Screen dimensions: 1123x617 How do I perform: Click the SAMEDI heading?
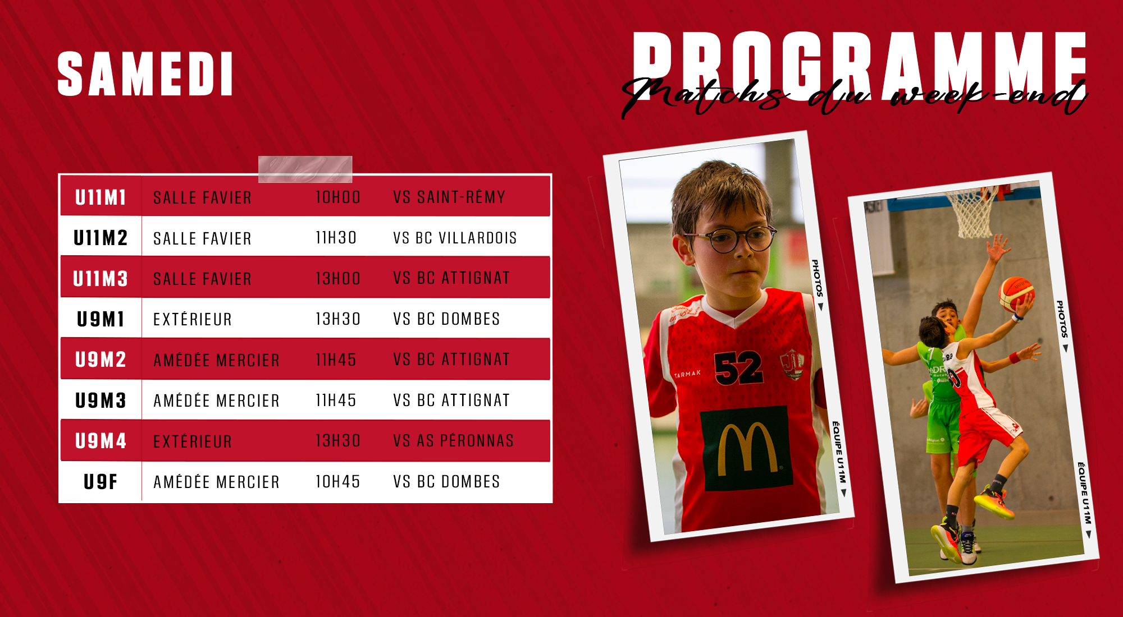coord(145,74)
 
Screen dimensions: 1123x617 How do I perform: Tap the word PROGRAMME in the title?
coord(860,65)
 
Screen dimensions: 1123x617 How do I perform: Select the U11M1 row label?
coord(101,197)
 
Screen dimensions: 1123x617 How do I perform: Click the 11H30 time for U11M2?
coord(336,238)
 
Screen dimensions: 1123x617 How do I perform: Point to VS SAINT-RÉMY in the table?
coord(449,197)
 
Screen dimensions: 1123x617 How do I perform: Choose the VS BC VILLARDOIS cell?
coord(455,238)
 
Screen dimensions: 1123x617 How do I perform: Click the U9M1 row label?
coord(101,319)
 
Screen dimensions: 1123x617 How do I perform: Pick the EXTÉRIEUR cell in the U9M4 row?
coord(193,441)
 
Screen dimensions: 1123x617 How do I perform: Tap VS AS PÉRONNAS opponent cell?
coord(454,441)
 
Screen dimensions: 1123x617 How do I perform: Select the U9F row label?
coord(101,482)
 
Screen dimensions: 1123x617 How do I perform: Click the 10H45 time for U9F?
coord(337,482)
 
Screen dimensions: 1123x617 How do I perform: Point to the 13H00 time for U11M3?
coord(337,278)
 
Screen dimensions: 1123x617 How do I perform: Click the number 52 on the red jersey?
coord(738,369)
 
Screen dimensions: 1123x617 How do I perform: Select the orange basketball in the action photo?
coord(1016,294)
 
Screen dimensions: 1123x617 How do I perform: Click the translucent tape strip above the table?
coord(305,169)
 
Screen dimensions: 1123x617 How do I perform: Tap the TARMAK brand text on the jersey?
coord(687,374)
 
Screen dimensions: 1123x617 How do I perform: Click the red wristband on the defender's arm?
coord(1014,358)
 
